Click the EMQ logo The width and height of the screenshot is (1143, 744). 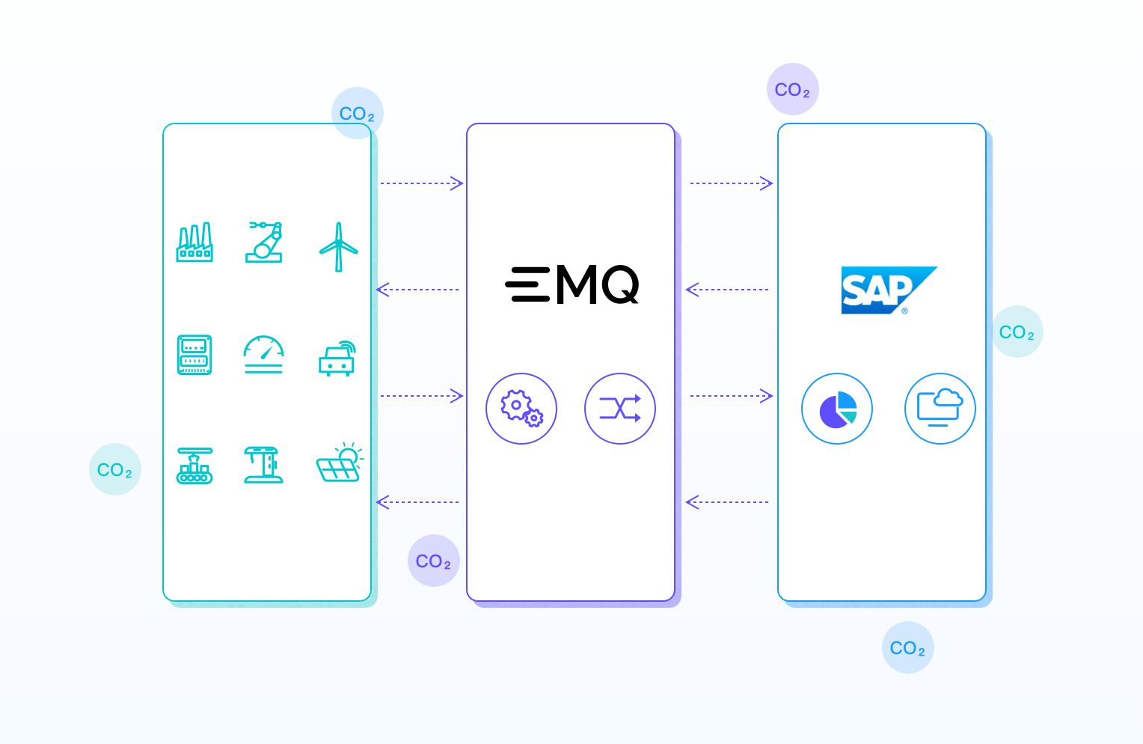point(572,285)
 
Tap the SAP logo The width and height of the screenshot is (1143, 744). point(886,290)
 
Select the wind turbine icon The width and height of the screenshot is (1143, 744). point(339,246)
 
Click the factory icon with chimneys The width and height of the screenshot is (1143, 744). point(194,243)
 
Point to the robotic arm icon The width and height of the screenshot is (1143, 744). point(264,242)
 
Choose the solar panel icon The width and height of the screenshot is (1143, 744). point(340,463)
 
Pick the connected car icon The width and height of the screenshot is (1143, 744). point(337,359)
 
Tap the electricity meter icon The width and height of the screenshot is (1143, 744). point(194,355)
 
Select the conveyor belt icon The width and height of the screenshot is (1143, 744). point(194,466)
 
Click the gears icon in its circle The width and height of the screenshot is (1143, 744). point(521,409)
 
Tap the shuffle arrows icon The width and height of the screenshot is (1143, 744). point(620,409)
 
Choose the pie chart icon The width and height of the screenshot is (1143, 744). point(837,409)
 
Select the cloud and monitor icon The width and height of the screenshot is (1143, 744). point(940,409)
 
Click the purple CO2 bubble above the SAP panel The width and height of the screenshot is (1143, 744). point(793,89)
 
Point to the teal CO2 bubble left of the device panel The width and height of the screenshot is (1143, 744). point(115,469)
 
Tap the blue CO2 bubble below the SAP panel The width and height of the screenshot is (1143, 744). point(908,647)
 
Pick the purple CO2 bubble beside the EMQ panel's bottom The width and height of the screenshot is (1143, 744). point(434,561)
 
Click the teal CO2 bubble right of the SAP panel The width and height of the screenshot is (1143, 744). point(1017,332)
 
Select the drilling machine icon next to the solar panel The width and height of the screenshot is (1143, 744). point(263,465)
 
